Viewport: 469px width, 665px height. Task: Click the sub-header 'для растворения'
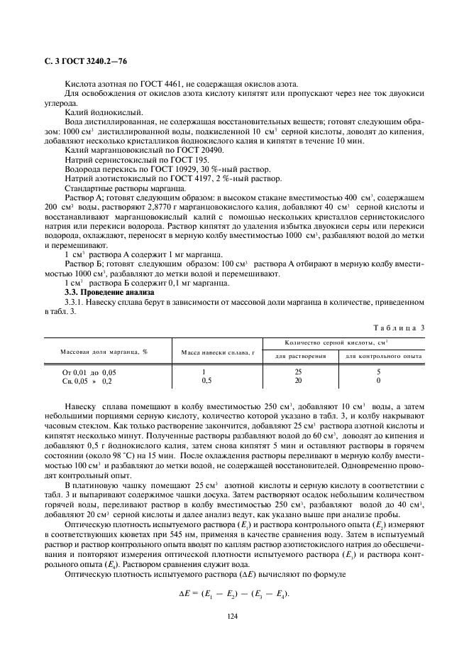(301, 355)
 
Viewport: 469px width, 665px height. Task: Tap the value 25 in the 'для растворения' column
(299, 372)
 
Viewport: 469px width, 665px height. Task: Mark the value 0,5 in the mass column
(205, 381)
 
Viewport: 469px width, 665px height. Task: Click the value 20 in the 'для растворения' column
(299, 381)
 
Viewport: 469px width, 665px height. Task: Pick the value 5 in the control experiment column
(378, 372)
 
